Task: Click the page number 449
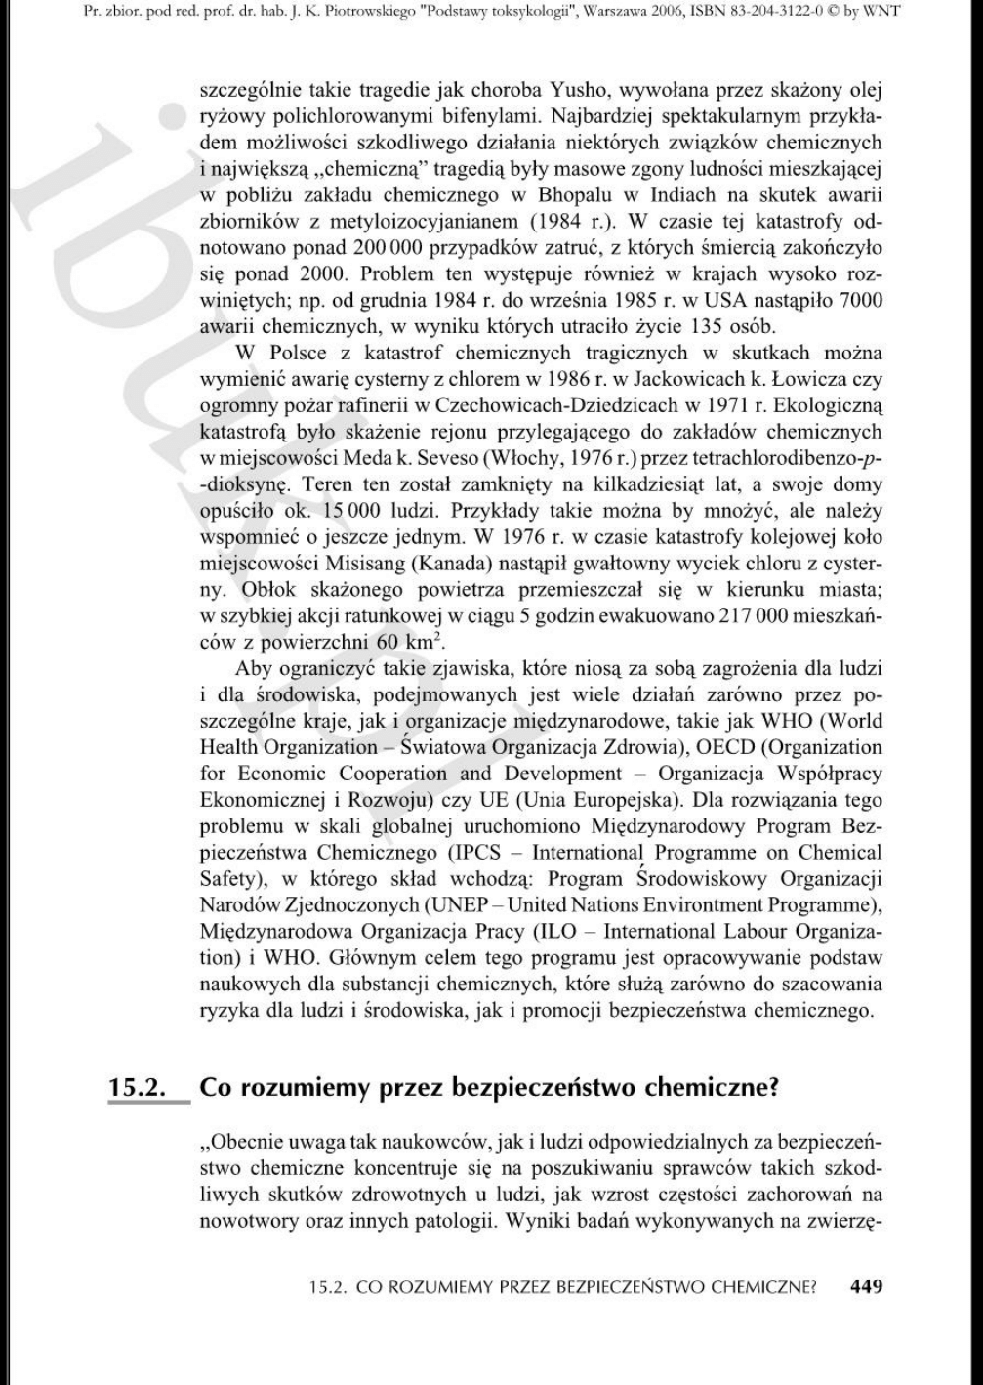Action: pos(866,1286)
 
